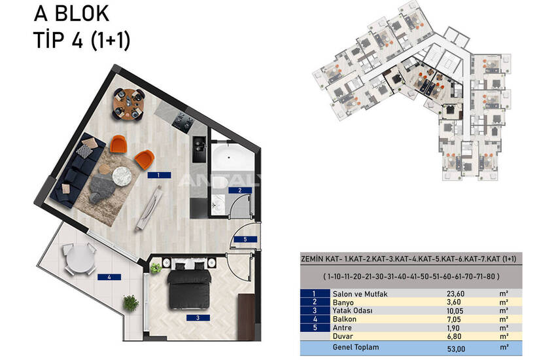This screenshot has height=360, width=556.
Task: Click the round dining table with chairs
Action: pos(129,104)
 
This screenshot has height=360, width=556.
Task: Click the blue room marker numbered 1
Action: pos(159,175)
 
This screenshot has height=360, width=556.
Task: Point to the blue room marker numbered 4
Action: pos(109,277)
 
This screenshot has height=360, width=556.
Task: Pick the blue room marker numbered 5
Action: pos(245,240)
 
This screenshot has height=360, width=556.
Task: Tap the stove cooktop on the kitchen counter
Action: pos(183,121)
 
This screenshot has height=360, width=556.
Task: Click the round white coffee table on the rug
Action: pos(122,175)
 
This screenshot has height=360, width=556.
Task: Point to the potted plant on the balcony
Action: pos(131,303)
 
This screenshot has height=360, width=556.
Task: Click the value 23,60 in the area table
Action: pos(456,294)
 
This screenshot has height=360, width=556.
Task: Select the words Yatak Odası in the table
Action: pos(353,311)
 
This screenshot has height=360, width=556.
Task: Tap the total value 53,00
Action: pos(456,349)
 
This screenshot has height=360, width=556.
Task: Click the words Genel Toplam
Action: pos(356,347)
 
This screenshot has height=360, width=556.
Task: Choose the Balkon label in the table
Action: pos(344,319)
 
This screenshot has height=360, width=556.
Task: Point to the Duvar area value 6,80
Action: pos(454,336)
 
